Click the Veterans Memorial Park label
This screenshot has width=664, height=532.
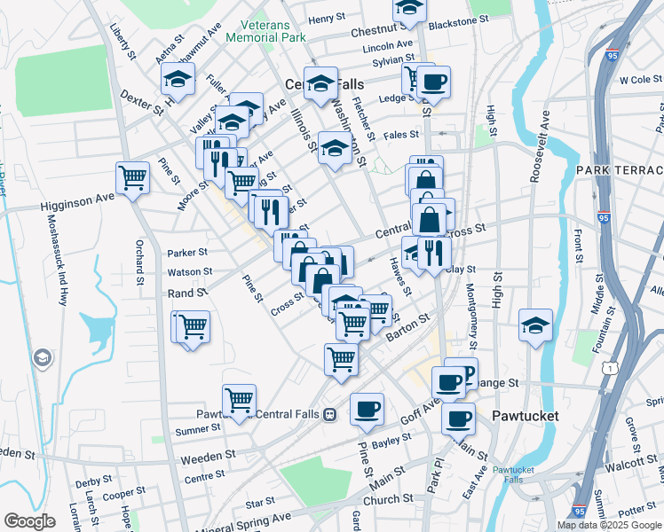coord(266,31)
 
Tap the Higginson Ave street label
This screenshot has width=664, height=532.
coord(78,205)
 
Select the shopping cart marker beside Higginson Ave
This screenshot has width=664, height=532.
coord(132,177)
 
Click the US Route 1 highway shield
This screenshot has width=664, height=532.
coord(609,366)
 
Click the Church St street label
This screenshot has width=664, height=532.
coord(382,499)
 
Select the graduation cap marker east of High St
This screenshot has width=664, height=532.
coord(535,325)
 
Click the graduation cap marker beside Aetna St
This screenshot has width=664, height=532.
coord(178,80)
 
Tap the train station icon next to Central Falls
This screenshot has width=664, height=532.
coord(329,414)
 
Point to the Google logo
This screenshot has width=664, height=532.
coord(29,521)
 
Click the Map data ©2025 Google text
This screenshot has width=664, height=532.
coord(610,525)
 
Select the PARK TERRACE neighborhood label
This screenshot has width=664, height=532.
coord(619,169)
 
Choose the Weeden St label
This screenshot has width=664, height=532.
coord(208,458)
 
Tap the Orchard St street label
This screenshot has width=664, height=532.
coord(140,262)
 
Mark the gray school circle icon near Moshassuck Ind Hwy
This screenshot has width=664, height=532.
coord(42,358)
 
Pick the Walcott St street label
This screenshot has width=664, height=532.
coord(632,462)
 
